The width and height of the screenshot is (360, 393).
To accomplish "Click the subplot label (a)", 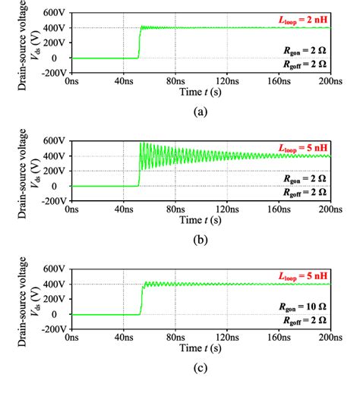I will [x=200, y=110].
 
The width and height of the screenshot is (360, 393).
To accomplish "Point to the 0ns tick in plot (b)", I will [x=71, y=208].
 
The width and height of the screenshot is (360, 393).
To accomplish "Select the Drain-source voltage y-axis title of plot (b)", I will [x=22, y=171].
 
